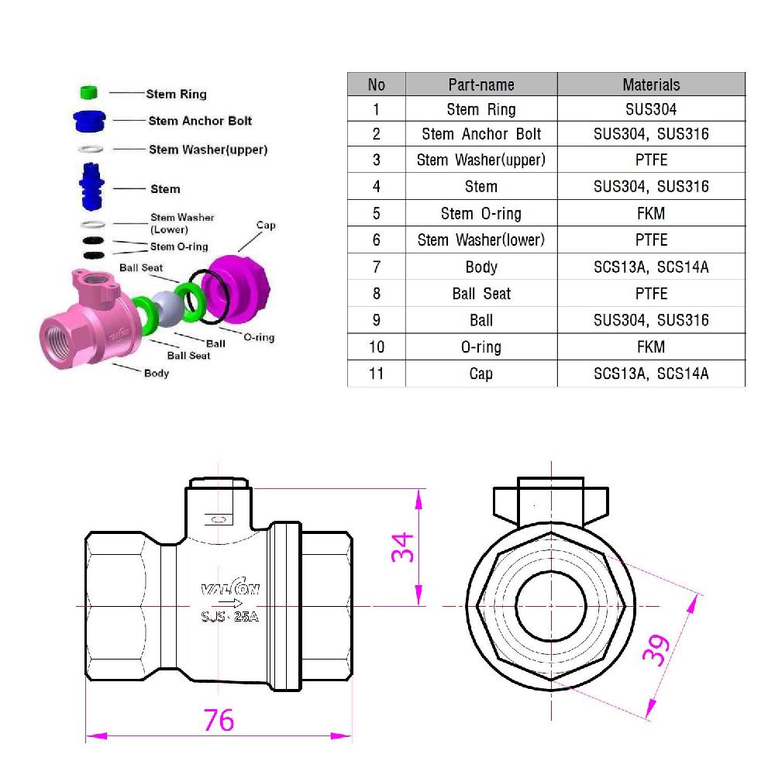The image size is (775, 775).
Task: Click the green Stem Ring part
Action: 88,93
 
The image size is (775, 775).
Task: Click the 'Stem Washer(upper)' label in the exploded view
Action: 208,150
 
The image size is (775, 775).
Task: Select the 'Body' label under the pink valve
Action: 157,373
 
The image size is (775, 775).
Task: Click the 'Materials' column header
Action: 651,84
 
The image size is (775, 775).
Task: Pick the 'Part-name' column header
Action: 480,84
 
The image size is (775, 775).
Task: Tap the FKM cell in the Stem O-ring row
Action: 651,213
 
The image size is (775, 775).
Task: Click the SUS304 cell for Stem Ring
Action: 651,109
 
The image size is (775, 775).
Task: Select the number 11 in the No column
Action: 376,374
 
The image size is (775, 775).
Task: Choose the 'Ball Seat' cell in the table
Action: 480,294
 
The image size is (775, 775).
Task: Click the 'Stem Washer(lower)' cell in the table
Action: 480,240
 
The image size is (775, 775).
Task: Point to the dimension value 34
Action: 402,547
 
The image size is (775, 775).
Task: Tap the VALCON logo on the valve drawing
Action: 230,589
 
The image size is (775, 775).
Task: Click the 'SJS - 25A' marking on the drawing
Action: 229,617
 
